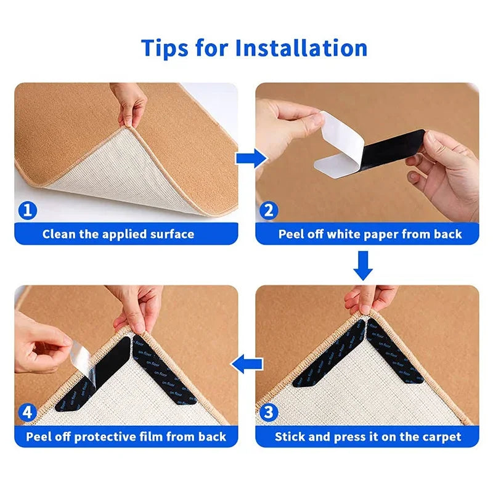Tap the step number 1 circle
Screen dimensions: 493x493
click(x=28, y=211)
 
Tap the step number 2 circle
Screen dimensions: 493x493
click(x=269, y=211)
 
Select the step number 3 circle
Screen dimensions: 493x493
click(x=269, y=412)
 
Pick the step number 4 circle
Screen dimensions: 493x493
click(x=28, y=412)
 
